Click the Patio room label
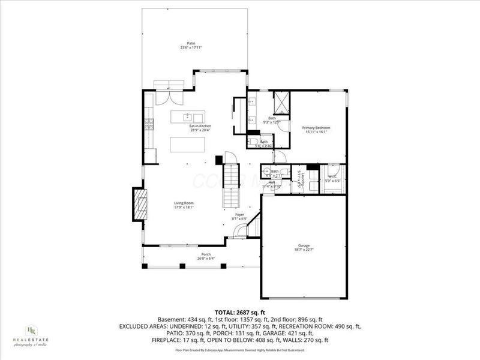coord(191,43)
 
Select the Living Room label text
coord(184,203)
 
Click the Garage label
coord(304,245)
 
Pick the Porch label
coord(206,255)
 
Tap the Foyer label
coord(239,214)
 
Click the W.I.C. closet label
coord(333,176)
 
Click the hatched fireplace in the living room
coord(140,206)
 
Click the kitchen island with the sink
coord(188,116)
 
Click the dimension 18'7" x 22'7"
coord(304,250)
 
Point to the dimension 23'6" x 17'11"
coord(191,47)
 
